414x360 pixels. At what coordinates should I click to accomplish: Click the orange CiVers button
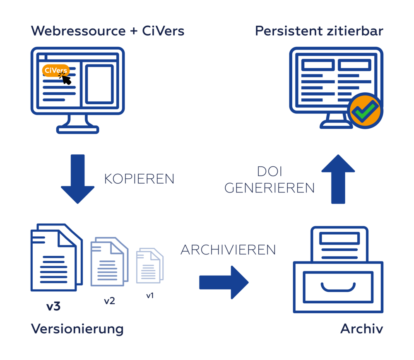(55, 70)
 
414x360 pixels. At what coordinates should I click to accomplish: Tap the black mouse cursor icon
(65, 78)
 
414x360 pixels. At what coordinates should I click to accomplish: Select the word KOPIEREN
(139, 179)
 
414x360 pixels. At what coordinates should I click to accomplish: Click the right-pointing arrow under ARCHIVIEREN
(224, 282)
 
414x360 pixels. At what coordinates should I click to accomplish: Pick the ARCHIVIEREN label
(228, 250)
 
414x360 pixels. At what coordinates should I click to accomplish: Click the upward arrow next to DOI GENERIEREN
(338, 179)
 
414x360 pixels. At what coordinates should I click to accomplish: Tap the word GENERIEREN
(270, 188)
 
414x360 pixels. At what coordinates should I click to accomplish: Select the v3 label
(53, 307)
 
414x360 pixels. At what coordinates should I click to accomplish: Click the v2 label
(109, 301)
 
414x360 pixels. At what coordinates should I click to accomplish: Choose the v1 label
(150, 296)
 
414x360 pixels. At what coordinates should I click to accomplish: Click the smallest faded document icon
(150, 266)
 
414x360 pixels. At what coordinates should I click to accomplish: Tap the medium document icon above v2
(109, 262)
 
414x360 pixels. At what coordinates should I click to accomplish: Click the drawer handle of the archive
(338, 286)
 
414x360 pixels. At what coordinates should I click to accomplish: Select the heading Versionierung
(77, 329)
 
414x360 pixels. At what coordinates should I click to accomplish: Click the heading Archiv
(361, 329)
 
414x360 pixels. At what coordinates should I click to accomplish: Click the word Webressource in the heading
(78, 31)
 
